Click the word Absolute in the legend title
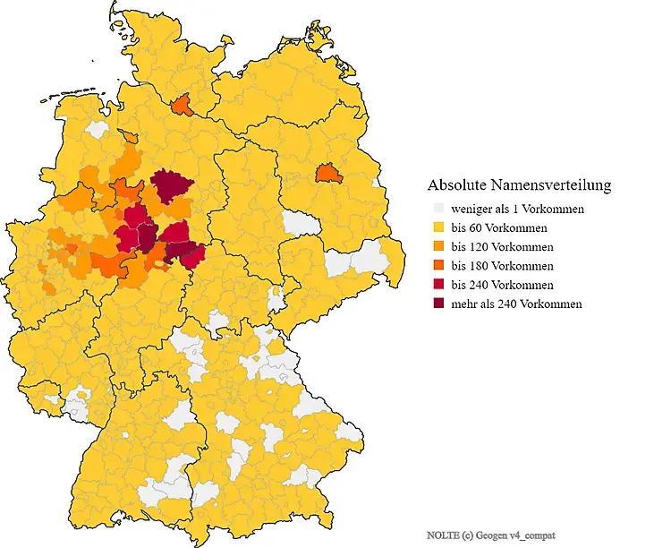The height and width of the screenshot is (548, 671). point(457,185)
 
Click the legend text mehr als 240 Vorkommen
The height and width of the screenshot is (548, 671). point(516,304)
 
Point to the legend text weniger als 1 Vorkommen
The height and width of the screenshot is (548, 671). point(518,209)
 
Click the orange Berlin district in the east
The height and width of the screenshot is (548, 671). point(330,173)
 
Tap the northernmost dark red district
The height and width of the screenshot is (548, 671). point(173,184)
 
